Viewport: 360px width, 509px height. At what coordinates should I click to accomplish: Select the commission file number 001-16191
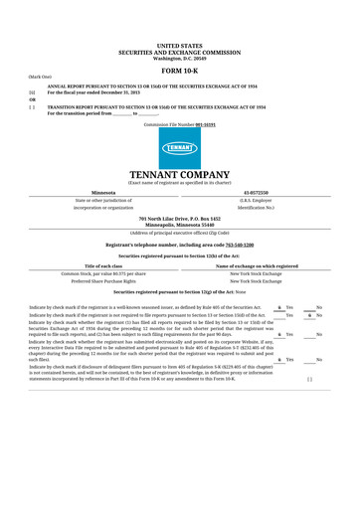[x=205, y=125]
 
